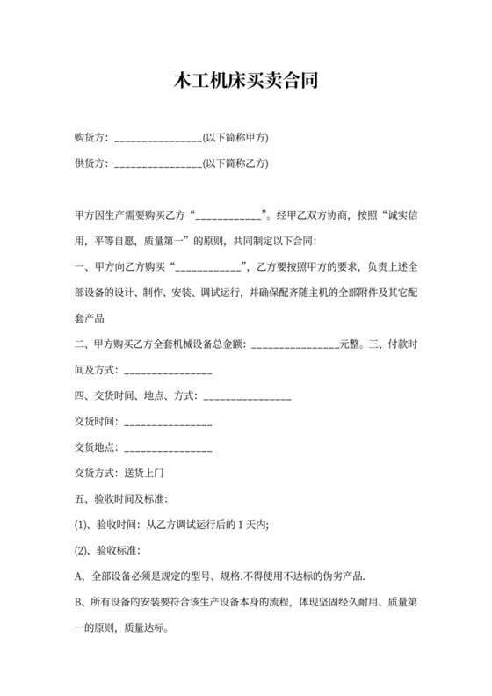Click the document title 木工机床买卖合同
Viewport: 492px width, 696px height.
point(245,82)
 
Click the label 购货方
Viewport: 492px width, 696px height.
point(90,138)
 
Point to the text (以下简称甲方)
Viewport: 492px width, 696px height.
point(235,138)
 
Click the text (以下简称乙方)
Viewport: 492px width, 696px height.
point(235,163)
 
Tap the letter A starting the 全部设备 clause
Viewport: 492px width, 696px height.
point(78,577)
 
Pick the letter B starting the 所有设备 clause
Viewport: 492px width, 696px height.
point(78,604)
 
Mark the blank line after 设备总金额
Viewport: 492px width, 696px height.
point(295,345)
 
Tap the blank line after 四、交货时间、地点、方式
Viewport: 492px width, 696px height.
point(247,397)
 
